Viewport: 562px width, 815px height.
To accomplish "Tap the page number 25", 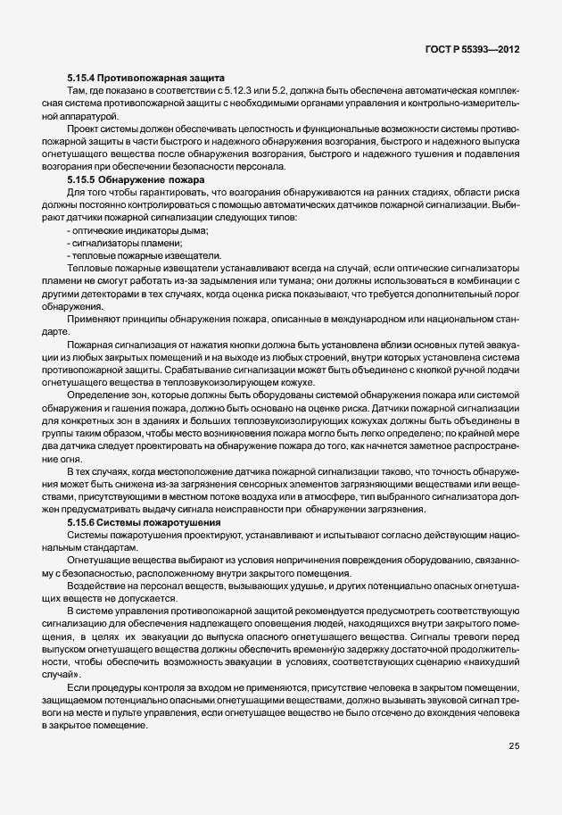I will click(514, 747).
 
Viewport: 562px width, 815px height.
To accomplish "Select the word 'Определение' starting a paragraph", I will click(95, 394).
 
